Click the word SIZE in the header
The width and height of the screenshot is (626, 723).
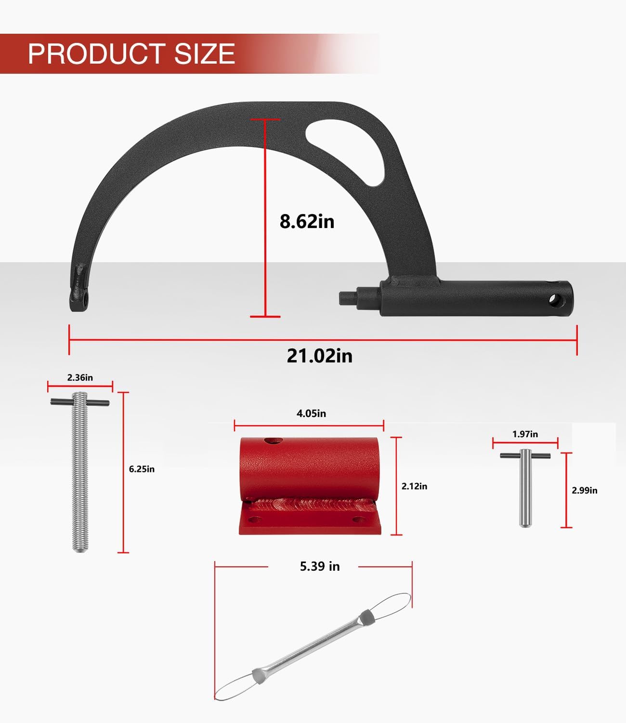(205, 54)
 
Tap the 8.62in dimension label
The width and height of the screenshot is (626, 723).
(307, 221)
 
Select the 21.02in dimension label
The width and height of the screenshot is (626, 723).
(319, 356)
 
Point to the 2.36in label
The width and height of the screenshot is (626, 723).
(80, 377)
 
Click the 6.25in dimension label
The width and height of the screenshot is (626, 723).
(142, 469)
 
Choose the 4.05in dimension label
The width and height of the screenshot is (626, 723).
(311, 414)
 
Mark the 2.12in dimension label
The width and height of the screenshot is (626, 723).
(414, 486)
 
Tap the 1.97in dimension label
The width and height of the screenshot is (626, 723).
(525, 434)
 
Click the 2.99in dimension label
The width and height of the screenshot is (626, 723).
(584, 490)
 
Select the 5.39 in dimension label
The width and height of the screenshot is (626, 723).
(320, 566)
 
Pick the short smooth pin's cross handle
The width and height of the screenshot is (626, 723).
(525, 455)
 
